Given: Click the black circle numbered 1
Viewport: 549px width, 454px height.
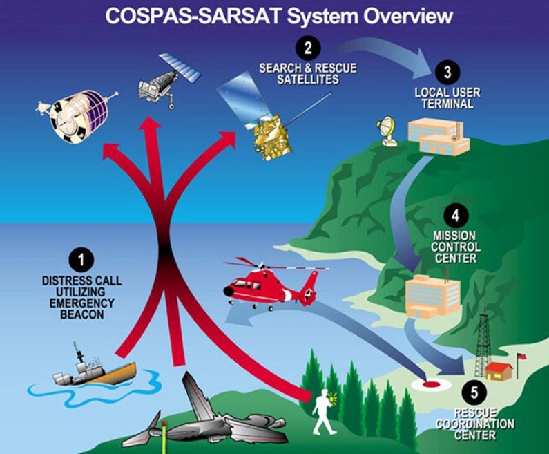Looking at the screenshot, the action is [x=81, y=261].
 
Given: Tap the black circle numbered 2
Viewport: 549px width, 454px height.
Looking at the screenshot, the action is [x=308, y=48].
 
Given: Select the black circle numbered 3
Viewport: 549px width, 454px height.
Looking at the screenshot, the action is [x=447, y=72].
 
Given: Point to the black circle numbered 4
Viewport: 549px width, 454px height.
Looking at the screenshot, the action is [x=455, y=216].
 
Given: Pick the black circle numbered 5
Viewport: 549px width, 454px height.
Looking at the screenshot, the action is [x=474, y=393].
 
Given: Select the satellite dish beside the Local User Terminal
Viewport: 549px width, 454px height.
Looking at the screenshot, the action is [x=387, y=131].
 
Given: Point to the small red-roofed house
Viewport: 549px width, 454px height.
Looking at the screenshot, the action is [x=499, y=370].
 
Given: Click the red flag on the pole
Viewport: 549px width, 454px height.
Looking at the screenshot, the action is [x=522, y=357].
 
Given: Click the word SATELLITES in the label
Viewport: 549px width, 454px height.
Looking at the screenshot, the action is [x=308, y=79].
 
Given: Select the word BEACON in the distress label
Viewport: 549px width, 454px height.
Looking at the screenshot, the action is [x=82, y=314].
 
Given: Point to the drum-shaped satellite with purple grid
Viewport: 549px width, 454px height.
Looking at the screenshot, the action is [x=75, y=115].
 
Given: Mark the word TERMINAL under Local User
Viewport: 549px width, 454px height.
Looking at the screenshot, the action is [x=447, y=104].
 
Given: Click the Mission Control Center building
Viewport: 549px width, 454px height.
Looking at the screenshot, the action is [x=432, y=296].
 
